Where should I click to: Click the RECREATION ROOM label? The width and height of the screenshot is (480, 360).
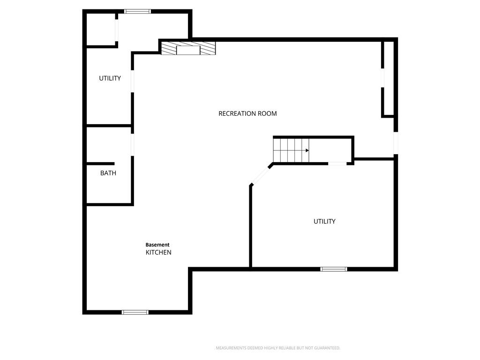[x=247, y=113]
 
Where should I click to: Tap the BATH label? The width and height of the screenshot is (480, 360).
[x=108, y=173]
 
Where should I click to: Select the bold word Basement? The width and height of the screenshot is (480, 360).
[x=157, y=245]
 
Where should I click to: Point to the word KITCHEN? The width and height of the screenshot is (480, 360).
[x=158, y=253]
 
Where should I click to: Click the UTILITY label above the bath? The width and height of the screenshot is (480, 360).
[x=110, y=78]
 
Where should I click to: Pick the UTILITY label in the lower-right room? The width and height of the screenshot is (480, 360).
[x=324, y=221]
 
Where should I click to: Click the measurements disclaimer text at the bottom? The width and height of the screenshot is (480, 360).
[x=278, y=348]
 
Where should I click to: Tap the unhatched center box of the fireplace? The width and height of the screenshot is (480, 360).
[x=188, y=50]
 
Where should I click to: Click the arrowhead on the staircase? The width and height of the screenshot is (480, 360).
[x=307, y=150]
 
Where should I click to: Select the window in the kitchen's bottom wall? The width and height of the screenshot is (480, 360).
[x=135, y=312]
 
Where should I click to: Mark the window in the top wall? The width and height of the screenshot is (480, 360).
[x=137, y=12]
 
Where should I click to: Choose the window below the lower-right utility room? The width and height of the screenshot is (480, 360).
[x=334, y=269]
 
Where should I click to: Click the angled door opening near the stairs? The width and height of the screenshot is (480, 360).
[x=261, y=175]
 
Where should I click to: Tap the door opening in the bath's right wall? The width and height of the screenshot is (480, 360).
[x=133, y=145]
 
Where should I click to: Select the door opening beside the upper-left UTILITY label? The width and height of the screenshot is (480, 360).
[x=133, y=82]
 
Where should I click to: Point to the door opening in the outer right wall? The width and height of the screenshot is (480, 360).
[x=396, y=143]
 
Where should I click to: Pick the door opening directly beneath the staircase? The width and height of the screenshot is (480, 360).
[x=337, y=164]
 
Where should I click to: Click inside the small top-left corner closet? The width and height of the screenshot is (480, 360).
[x=101, y=30]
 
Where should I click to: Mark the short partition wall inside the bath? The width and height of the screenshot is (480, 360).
[x=101, y=164]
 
